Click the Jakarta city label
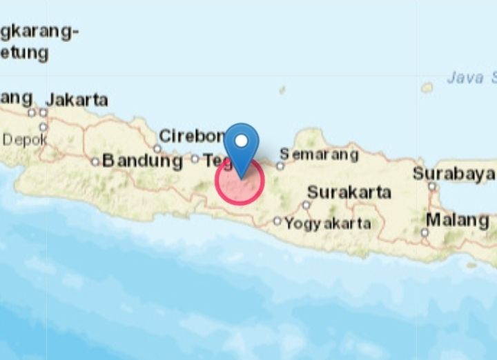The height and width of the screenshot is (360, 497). (77, 100)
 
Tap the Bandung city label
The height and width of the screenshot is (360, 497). (142, 162)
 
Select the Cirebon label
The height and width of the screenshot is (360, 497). (192, 136)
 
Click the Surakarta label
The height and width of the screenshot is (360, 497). (349, 192)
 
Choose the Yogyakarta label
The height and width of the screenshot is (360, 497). (328, 223)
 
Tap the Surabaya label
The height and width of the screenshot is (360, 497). (454, 174)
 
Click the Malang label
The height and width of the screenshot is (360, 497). (457, 221)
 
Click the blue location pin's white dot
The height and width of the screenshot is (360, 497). (241, 141)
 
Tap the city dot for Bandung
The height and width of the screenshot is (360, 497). (95, 162)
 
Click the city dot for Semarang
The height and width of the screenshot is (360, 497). (280, 166)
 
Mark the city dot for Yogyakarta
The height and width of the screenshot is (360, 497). (277, 221)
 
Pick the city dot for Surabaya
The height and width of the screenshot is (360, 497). (432, 186)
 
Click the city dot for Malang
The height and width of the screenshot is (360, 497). (425, 232)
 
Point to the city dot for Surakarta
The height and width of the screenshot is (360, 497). (306, 205)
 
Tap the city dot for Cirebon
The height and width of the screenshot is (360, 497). (157, 148)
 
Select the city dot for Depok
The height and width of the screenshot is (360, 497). (43, 127)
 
